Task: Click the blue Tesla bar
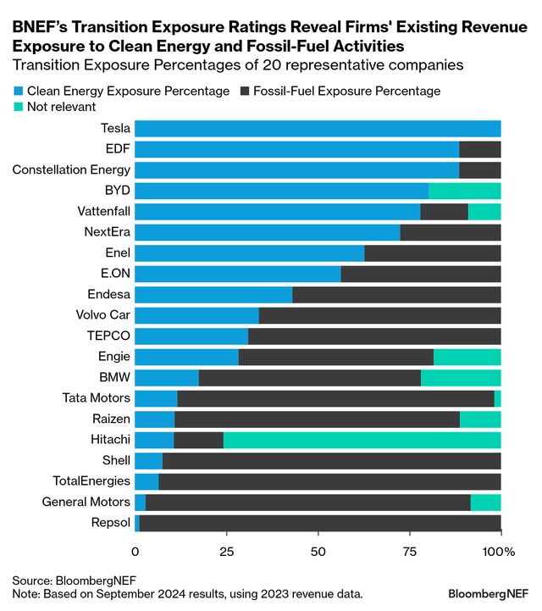coord(318,129)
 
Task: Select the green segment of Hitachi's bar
coord(362,439)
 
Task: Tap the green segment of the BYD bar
coord(464,191)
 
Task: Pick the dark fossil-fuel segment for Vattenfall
coord(444,212)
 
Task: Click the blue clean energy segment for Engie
coord(186,357)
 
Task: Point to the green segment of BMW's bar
coord(461,377)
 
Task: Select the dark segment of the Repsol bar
coord(320,522)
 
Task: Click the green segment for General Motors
coord(485,502)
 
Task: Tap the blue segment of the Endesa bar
coord(213,294)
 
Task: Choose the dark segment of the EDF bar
coord(479,149)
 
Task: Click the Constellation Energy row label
coord(71,170)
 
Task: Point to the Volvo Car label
coord(102,315)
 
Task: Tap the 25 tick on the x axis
coord(226,552)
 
